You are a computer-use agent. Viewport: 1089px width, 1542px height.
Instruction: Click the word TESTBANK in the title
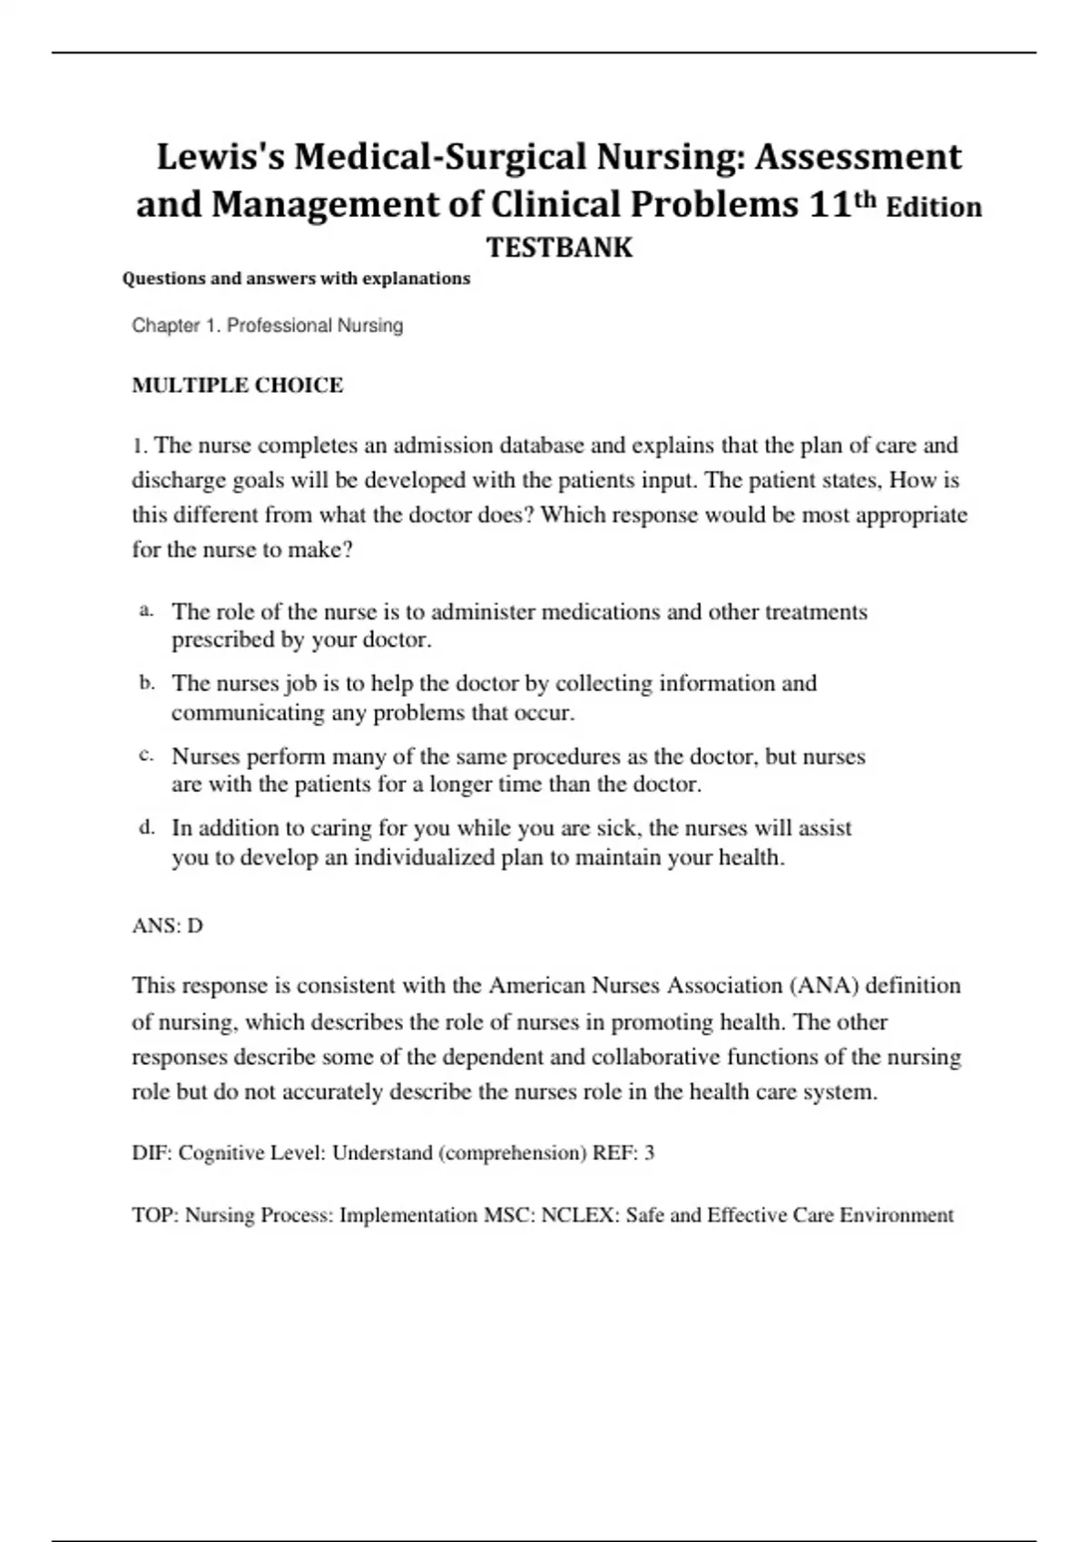coord(559,248)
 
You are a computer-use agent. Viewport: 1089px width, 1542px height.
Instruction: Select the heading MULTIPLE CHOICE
coord(238,385)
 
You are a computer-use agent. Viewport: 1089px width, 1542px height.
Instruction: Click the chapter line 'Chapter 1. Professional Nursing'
coord(268,326)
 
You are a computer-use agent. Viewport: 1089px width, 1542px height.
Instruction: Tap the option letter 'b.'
coord(147,683)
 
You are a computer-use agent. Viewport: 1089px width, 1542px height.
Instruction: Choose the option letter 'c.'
coord(147,756)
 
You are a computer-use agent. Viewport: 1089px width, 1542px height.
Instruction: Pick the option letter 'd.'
coord(147,827)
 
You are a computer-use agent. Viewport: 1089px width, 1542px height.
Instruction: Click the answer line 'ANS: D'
coord(168,926)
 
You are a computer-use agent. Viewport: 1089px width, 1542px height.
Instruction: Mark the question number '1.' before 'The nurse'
coord(140,446)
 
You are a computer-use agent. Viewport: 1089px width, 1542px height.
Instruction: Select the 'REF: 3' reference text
coord(623,1154)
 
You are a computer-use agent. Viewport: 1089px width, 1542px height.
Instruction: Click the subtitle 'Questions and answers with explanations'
coord(296,278)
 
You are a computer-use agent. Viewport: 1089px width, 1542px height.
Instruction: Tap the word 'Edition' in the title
coord(934,207)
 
